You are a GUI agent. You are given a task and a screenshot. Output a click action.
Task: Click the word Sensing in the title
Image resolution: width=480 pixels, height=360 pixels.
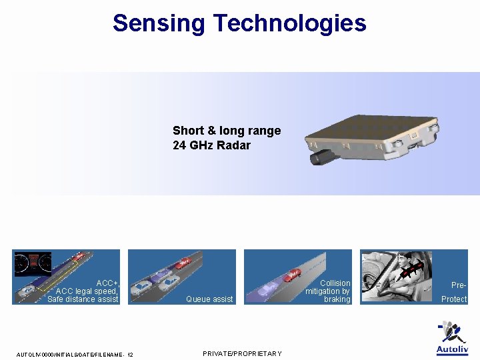[x=159, y=23]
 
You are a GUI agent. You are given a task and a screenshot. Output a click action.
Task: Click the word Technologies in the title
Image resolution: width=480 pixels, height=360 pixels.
[x=289, y=23]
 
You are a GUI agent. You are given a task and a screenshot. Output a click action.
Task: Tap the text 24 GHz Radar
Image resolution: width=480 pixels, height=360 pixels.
[x=211, y=145]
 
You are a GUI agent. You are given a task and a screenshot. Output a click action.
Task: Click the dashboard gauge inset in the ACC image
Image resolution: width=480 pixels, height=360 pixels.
[x=33, y=264]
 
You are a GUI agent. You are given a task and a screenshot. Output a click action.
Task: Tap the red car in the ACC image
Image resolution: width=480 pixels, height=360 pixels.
[x=79, y=255]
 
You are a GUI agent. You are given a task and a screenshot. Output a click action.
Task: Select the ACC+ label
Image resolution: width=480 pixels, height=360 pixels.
[x=107, y=283]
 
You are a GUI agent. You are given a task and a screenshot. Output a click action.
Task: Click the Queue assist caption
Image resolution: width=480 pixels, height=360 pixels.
[x=209, y=299]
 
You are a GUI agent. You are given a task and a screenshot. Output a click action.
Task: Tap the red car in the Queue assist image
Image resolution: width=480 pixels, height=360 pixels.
[x=183, y=263]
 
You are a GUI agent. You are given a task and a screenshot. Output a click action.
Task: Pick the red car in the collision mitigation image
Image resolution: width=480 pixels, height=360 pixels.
[x=291, y=275]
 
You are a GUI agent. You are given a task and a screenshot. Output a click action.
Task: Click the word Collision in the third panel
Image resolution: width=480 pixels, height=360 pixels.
[x=335, y=283]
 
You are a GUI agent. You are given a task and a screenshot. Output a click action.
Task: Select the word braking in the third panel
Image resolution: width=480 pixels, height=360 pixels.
[x=337, y=299]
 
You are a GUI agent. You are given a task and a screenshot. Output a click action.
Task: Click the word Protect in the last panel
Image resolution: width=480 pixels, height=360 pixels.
[x=454, y=299]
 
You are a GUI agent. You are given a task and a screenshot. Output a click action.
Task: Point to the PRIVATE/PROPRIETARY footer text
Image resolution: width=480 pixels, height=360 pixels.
[x=242, y=353]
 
